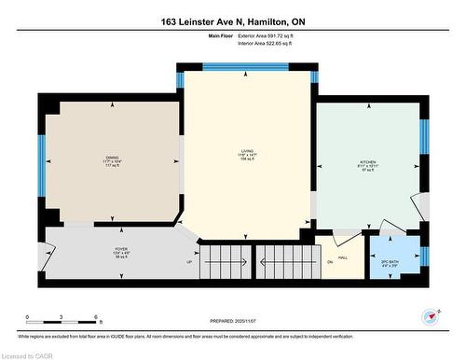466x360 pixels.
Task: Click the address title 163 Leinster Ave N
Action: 232,21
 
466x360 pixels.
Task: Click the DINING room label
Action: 112,159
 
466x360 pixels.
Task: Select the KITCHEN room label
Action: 368,162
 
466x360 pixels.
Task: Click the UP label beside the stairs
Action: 190,262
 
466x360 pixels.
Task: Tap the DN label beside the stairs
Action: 329,262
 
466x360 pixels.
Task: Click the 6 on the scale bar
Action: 97,318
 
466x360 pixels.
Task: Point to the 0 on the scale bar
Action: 27,318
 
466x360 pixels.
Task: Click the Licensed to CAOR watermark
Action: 28,354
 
